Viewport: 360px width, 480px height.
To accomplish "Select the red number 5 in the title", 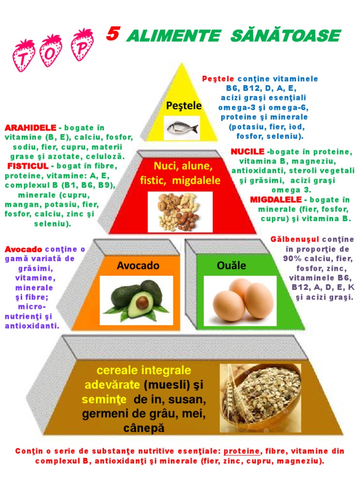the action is [x=112, y=34].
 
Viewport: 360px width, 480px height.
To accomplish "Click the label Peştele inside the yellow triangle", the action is [x=184, y=106].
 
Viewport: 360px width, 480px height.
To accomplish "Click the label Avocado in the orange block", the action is [x=138, y=266].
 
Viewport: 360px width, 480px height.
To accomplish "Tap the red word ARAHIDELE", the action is [x=30, y=128].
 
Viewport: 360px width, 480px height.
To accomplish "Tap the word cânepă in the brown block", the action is [x=144, y=429].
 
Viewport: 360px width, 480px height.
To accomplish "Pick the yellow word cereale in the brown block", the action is [x=118, y=370].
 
